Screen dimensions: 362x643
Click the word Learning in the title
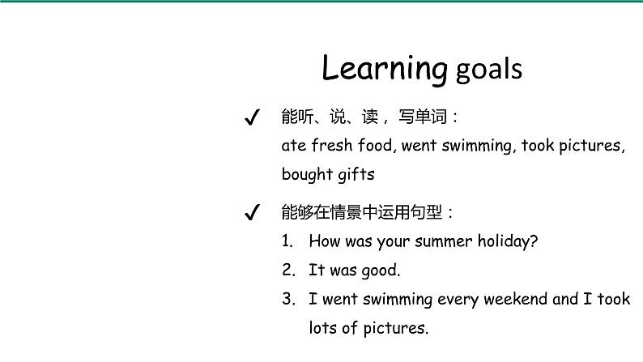[384, 69]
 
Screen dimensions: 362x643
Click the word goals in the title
[489, 70]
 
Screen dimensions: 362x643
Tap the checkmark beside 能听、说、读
[252, 118]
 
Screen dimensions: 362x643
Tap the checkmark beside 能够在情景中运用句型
[252, 213]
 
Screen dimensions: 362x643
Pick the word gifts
[356, 174]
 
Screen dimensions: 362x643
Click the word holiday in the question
[507, 241]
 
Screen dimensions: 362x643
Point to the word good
[380, 270]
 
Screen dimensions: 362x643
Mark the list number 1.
[287, 241]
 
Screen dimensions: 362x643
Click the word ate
[293, 147]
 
